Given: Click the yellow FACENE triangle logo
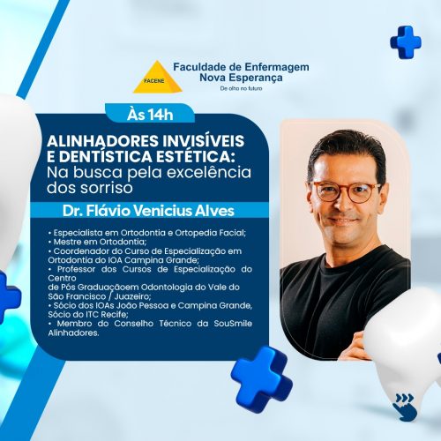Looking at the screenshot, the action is [x=158, y=78].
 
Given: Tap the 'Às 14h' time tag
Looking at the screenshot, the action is [x=150, y=115].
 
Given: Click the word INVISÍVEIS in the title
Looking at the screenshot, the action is [x=204, y=140].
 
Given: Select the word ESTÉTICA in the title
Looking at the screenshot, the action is [x=196, y=156].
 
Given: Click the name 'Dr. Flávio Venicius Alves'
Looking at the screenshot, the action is [x=148, y=211].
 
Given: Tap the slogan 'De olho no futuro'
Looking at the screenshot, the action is [x=241, y=88].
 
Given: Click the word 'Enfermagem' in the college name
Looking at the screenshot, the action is [x=277, y=67].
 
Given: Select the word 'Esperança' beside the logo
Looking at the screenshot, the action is [x=256, y=78].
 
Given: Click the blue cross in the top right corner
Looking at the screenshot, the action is [x=406, y=41].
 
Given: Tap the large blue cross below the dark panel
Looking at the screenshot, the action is [x=262, y=378].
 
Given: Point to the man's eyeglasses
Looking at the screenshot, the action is [x=345, y=191].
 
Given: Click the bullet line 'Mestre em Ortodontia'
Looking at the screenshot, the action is [x=97, y=242].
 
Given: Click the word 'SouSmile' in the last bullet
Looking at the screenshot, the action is [x=233, y=324].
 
